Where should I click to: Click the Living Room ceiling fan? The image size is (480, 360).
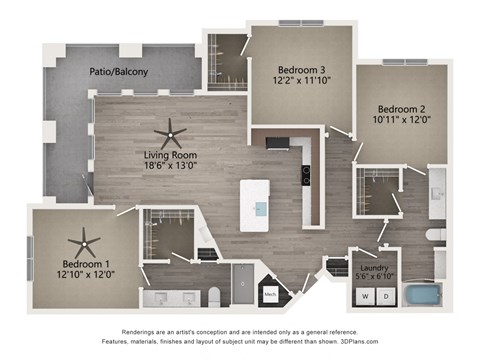(x=170, y=135)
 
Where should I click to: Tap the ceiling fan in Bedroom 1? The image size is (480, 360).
(x=84, y=244)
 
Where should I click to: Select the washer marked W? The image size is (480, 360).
(x=365, y=296)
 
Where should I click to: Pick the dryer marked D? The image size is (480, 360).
(x=386, y=296)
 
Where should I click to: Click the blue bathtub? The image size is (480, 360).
(x=422, y=295)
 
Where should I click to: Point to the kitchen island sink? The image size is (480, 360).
(x=261, y=210)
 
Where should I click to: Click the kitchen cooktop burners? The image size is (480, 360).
(x=306, y=175)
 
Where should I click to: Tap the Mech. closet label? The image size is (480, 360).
(x=270, y=294)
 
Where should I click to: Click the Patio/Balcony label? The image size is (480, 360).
(x=119, y=72)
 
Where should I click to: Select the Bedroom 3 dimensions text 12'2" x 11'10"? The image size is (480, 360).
(x=302, y=80)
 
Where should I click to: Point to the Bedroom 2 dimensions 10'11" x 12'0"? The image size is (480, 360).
(x=402, y=120)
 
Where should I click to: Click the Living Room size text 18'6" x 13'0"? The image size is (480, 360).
(x=170, y=165)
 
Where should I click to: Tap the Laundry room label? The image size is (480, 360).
(x=374, y=268)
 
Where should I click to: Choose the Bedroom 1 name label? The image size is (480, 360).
(x=86, y=264)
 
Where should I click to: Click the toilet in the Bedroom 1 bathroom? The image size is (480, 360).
(x=214, y=297)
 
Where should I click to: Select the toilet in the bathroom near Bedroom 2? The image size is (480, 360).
(x=436, y=234)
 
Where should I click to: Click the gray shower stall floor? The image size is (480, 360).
(x=243, y=284)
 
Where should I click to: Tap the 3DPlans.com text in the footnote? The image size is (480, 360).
(x=359, y=341)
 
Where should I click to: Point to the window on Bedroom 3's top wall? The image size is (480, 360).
(x=301, y=23)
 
